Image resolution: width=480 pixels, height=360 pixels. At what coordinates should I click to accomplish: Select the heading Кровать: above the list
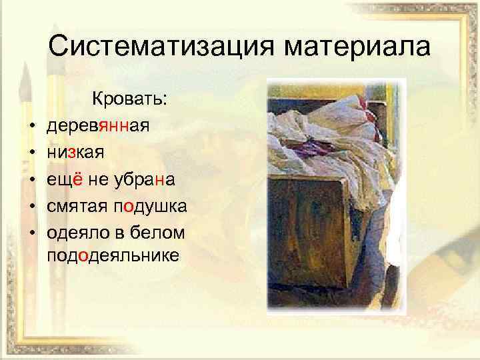(x=130, y=99)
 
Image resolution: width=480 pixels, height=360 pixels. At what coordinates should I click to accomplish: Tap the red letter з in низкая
(x=69, y=152)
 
